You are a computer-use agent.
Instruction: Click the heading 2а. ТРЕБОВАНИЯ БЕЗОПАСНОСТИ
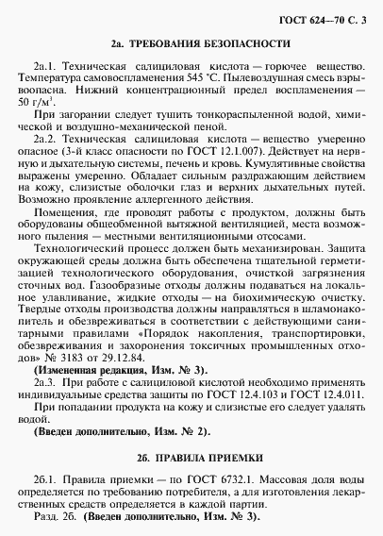pyautogui.click(x=191, y=44)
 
